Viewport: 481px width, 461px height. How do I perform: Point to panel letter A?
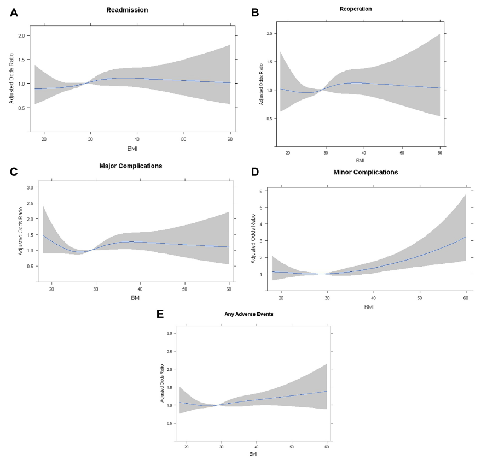tap(15, 13)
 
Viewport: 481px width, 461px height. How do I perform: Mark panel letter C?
tap(15, 171)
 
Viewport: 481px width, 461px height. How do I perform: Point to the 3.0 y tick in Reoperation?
tap(269, 33)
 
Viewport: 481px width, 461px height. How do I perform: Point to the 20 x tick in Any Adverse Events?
tap(187, 447)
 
